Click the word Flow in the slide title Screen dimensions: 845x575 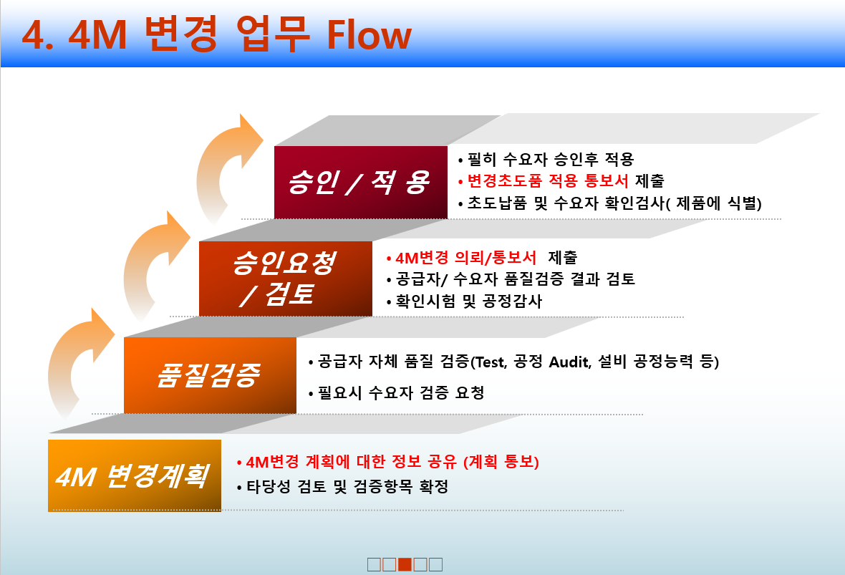(370, 35)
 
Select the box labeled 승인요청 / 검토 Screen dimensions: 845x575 (285, 279)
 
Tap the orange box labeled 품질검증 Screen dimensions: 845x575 (210, 375)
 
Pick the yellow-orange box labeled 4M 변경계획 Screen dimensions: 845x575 (134, 475)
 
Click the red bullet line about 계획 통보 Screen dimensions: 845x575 (391, 463)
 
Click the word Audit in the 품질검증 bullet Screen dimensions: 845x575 (570, 362)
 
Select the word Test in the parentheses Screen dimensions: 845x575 (491, 362)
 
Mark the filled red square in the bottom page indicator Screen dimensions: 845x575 (405, 564)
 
